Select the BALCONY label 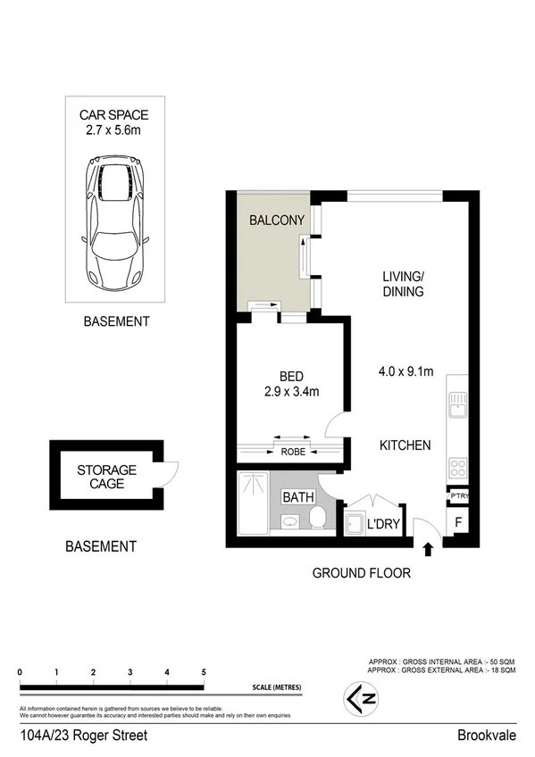[x=277, y=220]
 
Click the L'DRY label [x=382, y=526]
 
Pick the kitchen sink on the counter [x=457, y=404]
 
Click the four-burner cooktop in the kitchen [x=457, y=468]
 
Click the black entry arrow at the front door [x=427, y=548]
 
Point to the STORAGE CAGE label [x=106, y=477]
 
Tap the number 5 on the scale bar [x=204, y=672]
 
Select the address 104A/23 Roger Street [x=83, y=736]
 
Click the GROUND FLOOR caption [x=361, y=573]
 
